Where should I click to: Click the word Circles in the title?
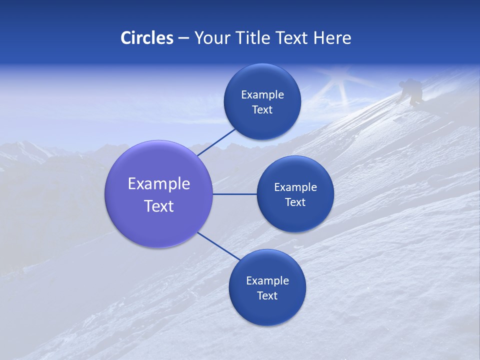point(146,38)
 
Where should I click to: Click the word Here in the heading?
point(332,38)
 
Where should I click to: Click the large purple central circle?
point(159,194)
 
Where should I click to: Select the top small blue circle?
point(262,101)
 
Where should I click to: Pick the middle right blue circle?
point(295,194)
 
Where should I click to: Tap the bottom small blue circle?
point(267,287)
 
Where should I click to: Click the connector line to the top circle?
point(217,142)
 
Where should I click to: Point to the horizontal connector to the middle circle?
point(234,194)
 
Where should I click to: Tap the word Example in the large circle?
point(159,183)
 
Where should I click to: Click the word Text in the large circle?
point(159,206)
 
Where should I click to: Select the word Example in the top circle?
point(262,94)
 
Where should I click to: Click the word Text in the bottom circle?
point(267,295)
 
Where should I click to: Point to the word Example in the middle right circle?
point(295,187)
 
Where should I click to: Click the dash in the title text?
point(183,38)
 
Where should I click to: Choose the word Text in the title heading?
point(292,38)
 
